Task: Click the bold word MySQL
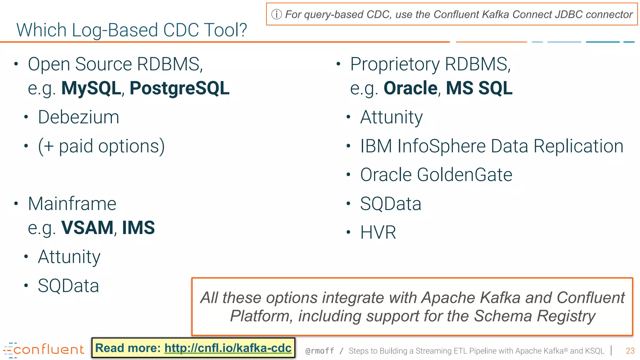pyautogui.click(x=91, y=88)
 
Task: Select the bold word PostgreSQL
pyautogui.click(x=179, y=88)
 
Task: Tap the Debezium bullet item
pyautogui.click(x=78, y=117)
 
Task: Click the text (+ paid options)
pyautogui.click(x=101, y=146)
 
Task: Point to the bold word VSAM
pyautogui.click(x=87, y=228)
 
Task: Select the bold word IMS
pyautogui.click(x=138, y=228)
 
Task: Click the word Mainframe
pyautogui.click(x=72, y=204)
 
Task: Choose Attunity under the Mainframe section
pyautogui.click(x=69, y=257)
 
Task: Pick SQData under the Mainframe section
pyautogui.click(x=68, y=286)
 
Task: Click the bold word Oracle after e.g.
pyautogui.click(x=410, y=88)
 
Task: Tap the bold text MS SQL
pyautogui.click(x=479, y=88)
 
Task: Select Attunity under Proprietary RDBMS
pyautogui.click(x=391, y=117)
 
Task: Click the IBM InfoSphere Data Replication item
pyautogui.click(x=492, y=146)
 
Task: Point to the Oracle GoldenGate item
pyautogui.click(x=436, y=175)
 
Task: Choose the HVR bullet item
pyautogui.click(x=378, y=233)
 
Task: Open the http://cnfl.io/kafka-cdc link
pyautogui.click(x=228, y=348)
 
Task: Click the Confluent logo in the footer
pyautogui.click(x=44, y=350)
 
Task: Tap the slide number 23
pyautogui.click(x=630, y=351)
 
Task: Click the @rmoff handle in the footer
pyautogui.click(x=319, y=351)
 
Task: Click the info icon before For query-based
pyautogui.click(x=277, y=14)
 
